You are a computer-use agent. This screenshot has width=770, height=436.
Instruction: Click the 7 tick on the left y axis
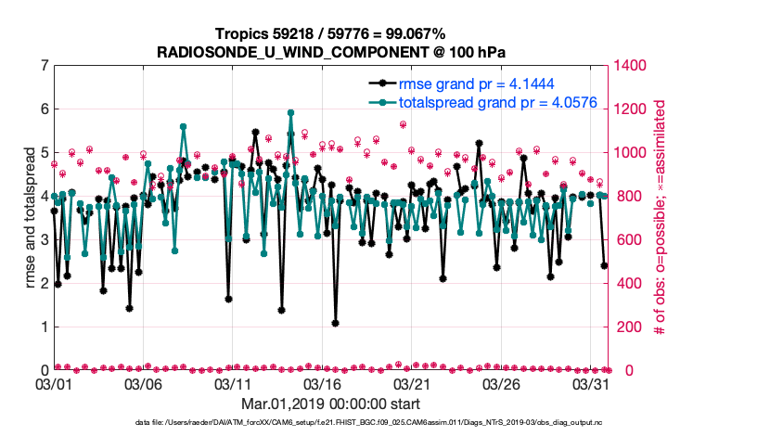pyautogui.click(x=44, y=66)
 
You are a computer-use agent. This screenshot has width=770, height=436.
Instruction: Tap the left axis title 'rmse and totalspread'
pyautogui.click(x=30, y=218)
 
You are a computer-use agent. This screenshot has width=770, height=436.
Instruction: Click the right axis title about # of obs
pyautogui.click(x=661, y=218)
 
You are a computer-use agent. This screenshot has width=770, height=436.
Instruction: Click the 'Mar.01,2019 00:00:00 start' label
pyautogui.click(x=330, y=404)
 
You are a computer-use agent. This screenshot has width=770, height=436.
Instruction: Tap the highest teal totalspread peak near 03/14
pyautogui.click(x=290, y=112)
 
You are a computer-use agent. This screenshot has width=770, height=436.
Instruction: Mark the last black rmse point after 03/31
pyautogui.click(x=604, y=265)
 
